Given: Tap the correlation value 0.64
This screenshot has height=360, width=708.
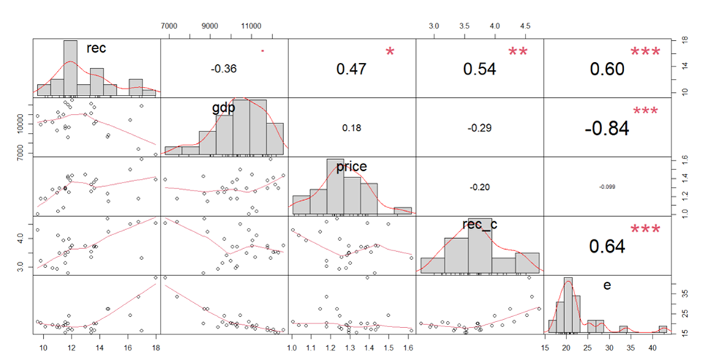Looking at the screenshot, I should tap(607, 246).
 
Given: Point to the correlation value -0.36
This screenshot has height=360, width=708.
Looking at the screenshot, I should tap(224, 69).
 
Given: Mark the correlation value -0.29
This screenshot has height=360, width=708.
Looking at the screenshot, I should tap(480, 127).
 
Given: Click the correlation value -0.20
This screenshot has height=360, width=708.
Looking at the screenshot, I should tap(480, 187).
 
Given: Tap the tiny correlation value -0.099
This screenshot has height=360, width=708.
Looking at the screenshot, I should tap(607, 187).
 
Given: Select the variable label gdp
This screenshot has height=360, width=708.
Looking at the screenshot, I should tap(223, 108).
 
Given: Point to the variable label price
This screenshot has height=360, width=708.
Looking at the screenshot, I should tap(352, 167).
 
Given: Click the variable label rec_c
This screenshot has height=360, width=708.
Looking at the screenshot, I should tap(480, 224).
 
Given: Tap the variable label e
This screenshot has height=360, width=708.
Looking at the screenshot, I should tap(607, 286).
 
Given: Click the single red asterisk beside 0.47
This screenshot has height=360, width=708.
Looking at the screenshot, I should tap(390, 53).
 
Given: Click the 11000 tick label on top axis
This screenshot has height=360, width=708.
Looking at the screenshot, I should tap(252, 26).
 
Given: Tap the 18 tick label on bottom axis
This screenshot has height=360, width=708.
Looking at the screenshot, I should tap(155, 348).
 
